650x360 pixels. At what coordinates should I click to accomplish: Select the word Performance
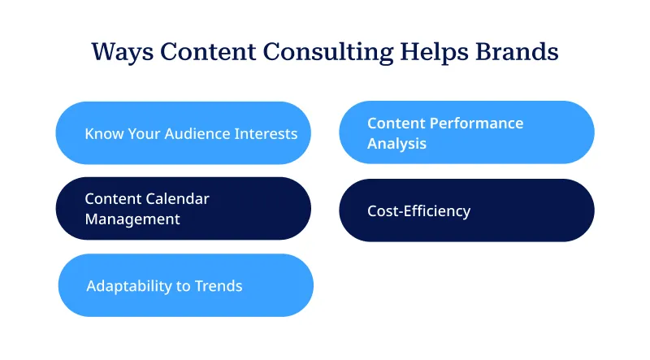pyautogui.click(x=475, y=124)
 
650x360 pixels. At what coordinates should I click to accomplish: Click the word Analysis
pyautogui.click(x=396, y=144)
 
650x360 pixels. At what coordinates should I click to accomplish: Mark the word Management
pyautogui.click(x=132, y=219)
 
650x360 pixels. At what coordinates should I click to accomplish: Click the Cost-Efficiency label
pyautogui.click(x=418, y=211)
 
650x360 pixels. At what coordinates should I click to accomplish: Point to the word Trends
pyautogui.click(x=219, y=286)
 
